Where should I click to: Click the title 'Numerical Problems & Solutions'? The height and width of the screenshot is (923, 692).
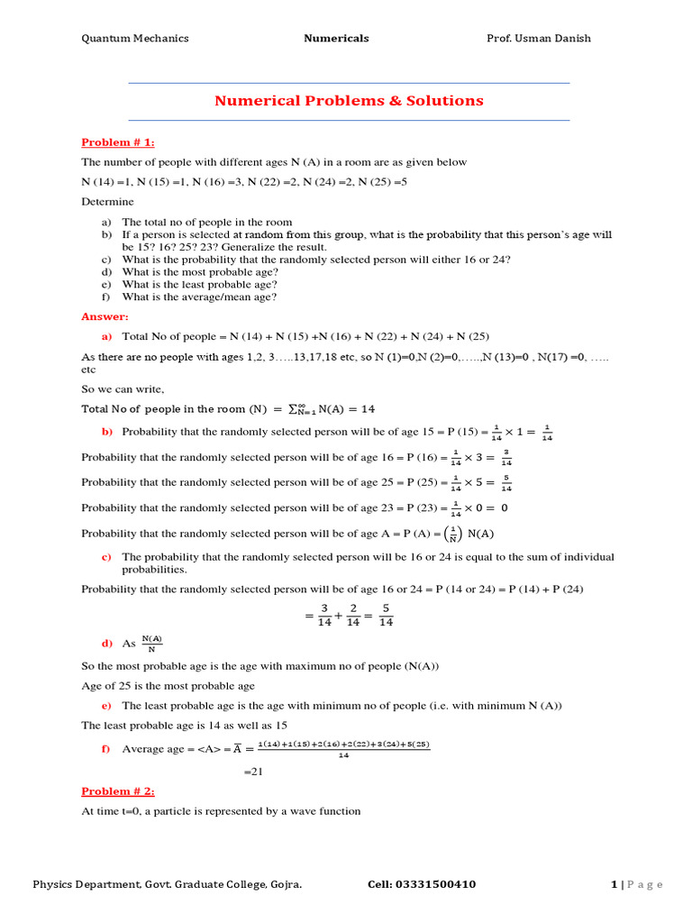(349, 101)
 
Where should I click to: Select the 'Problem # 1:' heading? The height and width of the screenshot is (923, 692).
(118, 142)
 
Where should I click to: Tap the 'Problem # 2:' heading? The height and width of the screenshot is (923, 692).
(118, 791)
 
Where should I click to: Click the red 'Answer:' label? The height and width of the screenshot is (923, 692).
(105, 316)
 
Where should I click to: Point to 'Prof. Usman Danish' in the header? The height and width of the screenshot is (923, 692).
(539, 39)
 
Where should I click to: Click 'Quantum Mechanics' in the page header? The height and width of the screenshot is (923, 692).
(135, 39)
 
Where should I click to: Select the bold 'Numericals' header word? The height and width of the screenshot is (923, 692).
(336, 39)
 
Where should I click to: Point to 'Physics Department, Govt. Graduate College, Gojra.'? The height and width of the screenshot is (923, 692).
(168, 884)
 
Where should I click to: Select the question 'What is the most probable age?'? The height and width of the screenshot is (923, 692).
(200, 271)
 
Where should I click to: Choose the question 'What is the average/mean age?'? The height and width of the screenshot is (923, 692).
(199, 297)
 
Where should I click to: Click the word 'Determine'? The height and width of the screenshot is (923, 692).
(107, 201)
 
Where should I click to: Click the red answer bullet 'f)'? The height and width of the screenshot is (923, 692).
(106, 750)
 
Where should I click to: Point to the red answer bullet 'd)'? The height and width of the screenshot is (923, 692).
(106, 644)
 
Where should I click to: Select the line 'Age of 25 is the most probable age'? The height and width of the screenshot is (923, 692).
(168, 686)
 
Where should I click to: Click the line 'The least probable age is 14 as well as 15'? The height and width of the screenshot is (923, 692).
(185, 725)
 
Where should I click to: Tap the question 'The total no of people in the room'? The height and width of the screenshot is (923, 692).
(207, 222)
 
